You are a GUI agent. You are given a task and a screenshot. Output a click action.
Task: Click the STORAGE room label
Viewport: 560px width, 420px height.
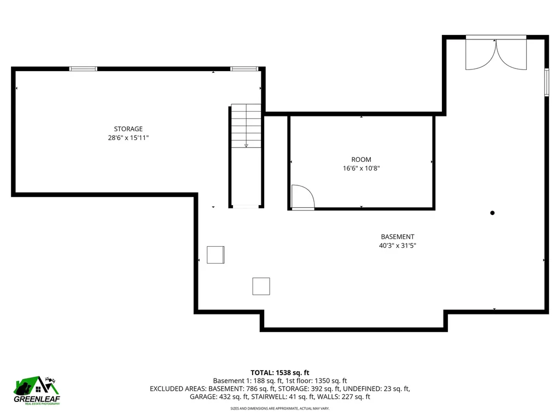(128, 129)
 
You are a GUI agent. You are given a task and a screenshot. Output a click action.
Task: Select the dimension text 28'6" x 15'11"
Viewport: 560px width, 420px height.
(128, 138)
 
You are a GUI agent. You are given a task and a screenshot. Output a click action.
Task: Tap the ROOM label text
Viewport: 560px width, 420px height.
(361, 160)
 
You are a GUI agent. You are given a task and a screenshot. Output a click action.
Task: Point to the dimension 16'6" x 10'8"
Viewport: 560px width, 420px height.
(361, 169)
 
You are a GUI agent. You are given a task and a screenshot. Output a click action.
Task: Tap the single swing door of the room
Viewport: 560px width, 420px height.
(302, 197)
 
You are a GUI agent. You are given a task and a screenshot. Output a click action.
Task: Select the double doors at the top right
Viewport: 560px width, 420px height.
(495, 54)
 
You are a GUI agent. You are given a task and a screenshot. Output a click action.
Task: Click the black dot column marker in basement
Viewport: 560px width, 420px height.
(492, 213)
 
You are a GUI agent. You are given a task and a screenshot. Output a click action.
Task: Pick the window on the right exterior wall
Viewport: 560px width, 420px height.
(546, 83)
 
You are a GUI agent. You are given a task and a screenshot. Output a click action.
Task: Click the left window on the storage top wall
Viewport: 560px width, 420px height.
(83, 69)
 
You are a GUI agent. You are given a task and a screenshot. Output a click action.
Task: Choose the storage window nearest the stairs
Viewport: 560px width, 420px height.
(244, 69)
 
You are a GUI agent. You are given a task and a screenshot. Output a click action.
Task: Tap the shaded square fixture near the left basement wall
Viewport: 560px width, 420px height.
(215, 255)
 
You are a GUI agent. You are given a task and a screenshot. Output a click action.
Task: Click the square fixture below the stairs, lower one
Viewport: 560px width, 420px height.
(261, 286)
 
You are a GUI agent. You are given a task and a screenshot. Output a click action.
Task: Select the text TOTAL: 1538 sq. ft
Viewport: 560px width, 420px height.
(280, 372)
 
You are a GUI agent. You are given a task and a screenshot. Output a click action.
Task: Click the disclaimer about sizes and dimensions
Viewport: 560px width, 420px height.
(280, 409)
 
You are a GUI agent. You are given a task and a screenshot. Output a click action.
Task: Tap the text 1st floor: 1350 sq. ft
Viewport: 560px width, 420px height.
(319, 381)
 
